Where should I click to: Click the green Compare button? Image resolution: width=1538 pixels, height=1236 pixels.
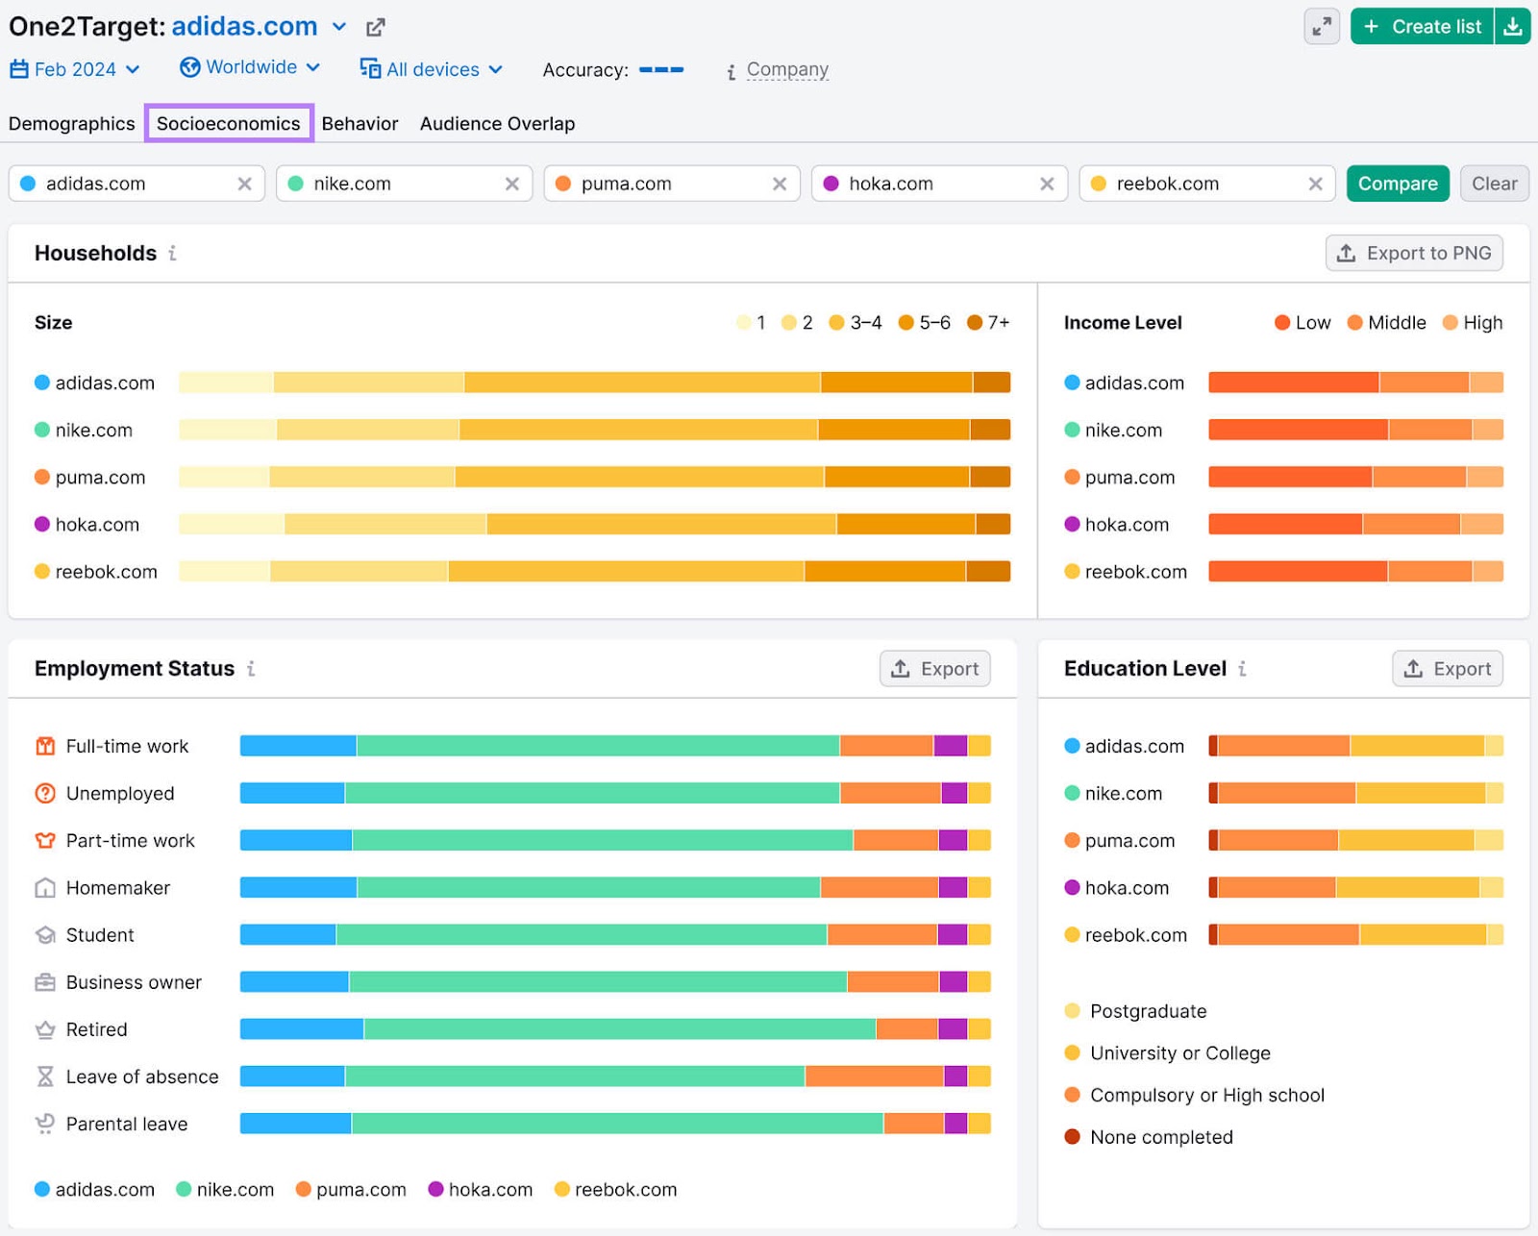1397,184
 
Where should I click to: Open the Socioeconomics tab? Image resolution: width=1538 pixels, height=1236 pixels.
229,123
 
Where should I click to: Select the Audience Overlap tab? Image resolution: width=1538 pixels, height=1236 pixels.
497,123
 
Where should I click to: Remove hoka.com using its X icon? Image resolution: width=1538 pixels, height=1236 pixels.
1047,184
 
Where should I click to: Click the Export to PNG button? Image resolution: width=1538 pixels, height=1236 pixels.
1414,253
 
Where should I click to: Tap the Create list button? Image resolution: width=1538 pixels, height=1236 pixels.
1423,27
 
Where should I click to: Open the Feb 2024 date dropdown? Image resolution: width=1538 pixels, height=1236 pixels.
75,69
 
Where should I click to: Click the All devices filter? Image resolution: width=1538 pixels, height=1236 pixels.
432,69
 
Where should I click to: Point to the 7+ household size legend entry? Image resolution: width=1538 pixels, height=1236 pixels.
989,323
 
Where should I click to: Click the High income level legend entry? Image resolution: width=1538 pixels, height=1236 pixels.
1473,323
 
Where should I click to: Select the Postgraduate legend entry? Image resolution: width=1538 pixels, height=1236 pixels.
1148,1011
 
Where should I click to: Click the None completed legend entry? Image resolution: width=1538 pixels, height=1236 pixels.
1160,1137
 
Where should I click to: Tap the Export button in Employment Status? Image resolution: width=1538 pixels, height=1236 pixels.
934,669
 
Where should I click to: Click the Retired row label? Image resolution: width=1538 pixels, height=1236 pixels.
96,1029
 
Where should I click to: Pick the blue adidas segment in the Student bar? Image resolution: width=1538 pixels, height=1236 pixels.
287,934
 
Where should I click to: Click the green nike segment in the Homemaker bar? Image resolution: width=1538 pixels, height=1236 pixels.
588,887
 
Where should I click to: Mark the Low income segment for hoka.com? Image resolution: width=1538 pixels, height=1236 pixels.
1284,524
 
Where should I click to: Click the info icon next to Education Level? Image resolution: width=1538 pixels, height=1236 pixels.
1242,669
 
